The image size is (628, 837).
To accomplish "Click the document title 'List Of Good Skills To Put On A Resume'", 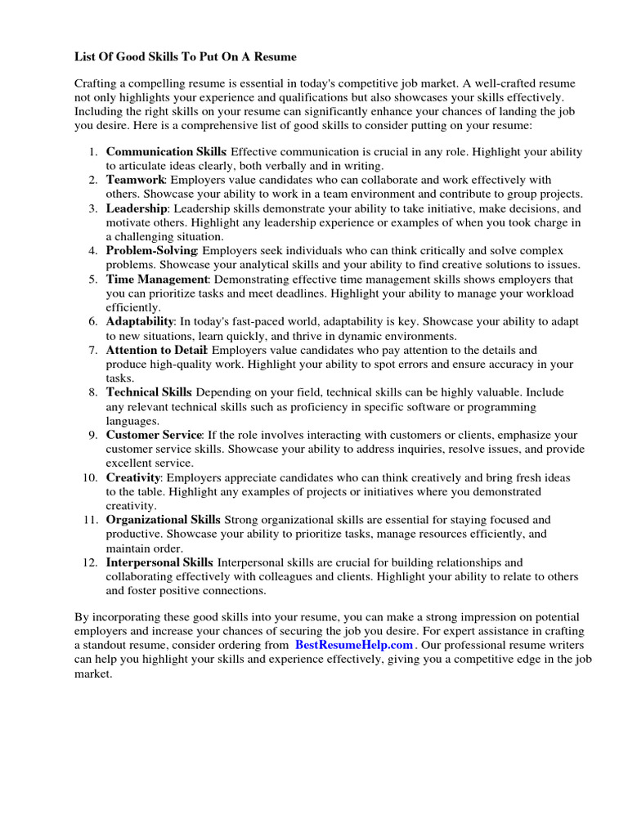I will coord(185,56).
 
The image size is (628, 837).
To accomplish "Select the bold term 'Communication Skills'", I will coord(166,151).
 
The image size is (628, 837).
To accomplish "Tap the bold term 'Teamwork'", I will coord(136,180).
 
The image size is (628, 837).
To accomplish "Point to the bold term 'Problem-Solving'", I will coord(151,250).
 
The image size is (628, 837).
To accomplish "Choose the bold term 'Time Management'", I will coord(157,279).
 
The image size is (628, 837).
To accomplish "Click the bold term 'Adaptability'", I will coord(140,321).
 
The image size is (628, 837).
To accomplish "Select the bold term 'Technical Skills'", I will coord(149,392).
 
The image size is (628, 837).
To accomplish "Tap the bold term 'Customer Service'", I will coord(153,435).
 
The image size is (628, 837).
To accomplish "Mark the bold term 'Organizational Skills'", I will coord(163,520).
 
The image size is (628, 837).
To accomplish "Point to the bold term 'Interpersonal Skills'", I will coord(159,562).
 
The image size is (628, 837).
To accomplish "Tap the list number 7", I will coord(92,350).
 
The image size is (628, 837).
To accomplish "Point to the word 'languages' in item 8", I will coord(132,420).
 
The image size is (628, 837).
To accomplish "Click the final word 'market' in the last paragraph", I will coord(92,675).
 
